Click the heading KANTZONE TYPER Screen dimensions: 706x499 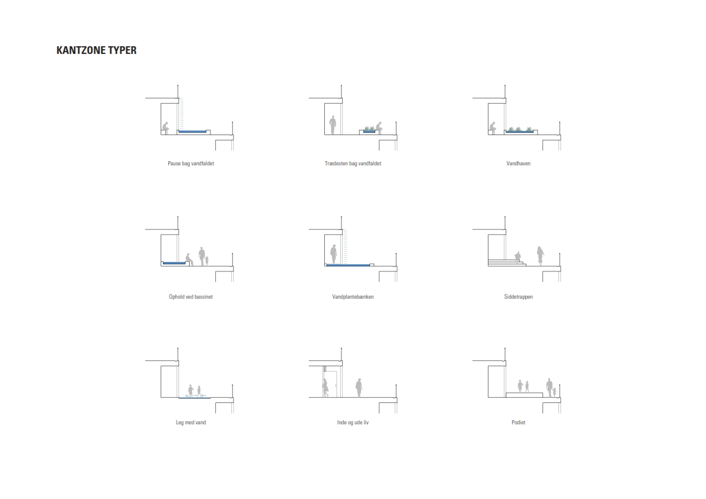point(97,50)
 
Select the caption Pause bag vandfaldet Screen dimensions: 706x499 point(191,164)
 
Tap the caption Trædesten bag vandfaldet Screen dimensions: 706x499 point(353,164)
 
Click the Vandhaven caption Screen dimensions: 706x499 point(518,164)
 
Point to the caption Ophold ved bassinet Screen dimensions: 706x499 point(191,297)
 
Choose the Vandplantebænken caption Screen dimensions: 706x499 point(353,297)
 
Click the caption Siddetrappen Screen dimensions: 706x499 point(518,297)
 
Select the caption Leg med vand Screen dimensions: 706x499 point(191,423)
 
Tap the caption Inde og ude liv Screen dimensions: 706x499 point(353,423)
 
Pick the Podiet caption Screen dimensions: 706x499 point(518,423)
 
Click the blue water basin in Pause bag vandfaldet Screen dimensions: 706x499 point(192,132)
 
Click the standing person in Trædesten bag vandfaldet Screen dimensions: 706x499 point(333,125)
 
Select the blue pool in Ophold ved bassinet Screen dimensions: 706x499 point(174,263)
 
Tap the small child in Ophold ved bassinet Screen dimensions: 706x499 point(207,261)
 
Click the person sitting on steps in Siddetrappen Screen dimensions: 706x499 point(518,257)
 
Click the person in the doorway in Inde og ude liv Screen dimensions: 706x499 point(325,388)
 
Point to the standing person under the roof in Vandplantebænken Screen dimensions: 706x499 point(334,254)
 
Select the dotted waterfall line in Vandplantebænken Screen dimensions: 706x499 point(346,247)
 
